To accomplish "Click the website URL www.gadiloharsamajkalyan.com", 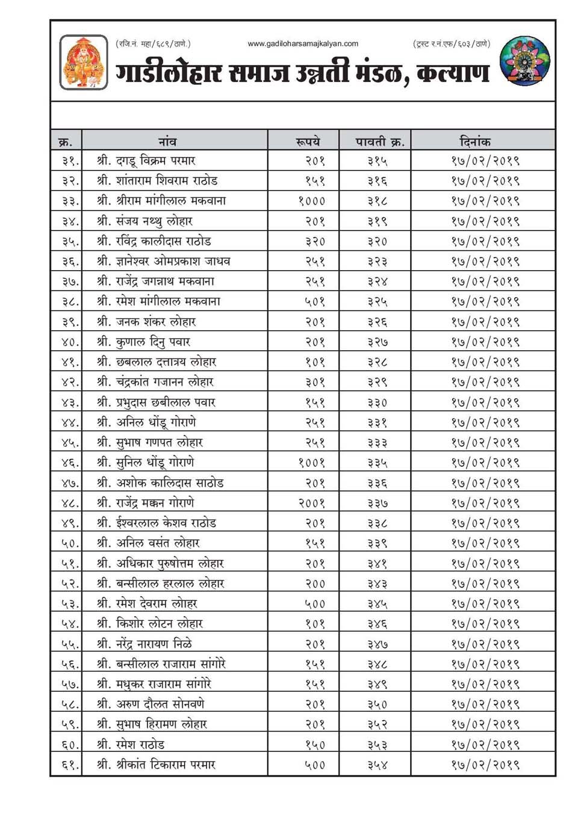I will [x=303, y=43].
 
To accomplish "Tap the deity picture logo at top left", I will [x=84, y=63].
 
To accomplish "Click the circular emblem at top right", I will [x=525, y=60].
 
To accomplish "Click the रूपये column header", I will [x=308, y=141].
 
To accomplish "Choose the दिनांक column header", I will [x=475, y=141].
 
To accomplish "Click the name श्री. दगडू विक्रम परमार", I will [x=146, y=161].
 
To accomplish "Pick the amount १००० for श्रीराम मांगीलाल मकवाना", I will [x=312, y=201].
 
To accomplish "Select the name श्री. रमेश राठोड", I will [x=131, y=745].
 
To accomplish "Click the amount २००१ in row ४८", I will [x=312, y=503].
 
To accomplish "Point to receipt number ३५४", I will [x=378, y=765].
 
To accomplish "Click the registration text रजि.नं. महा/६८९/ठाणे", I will [x=153, y=43].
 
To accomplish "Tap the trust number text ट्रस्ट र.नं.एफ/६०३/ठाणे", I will [x=452, y=43].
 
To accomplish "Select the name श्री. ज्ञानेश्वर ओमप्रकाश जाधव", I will [x=164, y=261].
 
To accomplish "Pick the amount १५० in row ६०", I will [x=315, y=745].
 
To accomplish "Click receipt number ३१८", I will [x=378, y=201].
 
